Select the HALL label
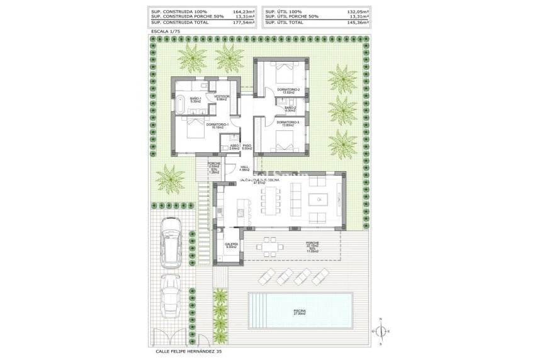[244, 167]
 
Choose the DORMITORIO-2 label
[288, 91]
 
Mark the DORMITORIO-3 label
[288, 123]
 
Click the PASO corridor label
[247, 146]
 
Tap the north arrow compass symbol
[381, 331]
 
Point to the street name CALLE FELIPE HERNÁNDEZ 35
[188, 352]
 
